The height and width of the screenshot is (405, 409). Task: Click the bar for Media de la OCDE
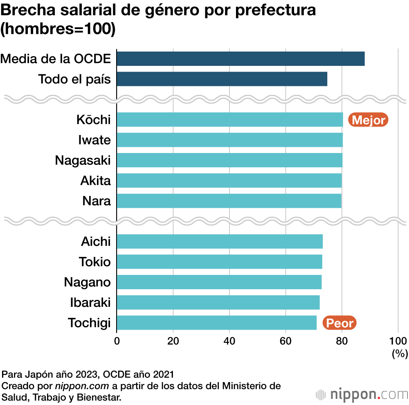click(240, 59)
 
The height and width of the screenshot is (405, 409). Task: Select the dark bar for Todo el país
click(222, 79)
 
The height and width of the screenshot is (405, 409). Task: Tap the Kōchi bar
click(229, 119)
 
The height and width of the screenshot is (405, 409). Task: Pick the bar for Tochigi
click(216, 323)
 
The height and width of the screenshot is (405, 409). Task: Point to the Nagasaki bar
click(229, 160)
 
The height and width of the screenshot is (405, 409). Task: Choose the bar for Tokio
click(219, 261)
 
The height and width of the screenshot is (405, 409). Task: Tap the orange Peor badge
click(339, 323)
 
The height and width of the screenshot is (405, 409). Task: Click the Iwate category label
click(94, 140)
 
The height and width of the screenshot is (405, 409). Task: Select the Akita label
click(96, 180)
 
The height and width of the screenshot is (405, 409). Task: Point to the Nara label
click(97, 201)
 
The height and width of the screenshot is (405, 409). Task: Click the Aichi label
click(96, 241)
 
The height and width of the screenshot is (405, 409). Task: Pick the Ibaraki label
click(90, 302)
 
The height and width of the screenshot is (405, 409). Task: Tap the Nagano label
click(87, 282)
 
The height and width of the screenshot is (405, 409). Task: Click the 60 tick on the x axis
click(285, 340)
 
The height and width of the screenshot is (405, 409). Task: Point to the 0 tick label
click(117, 340)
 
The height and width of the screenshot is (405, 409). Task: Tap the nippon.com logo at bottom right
click(362, 395)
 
